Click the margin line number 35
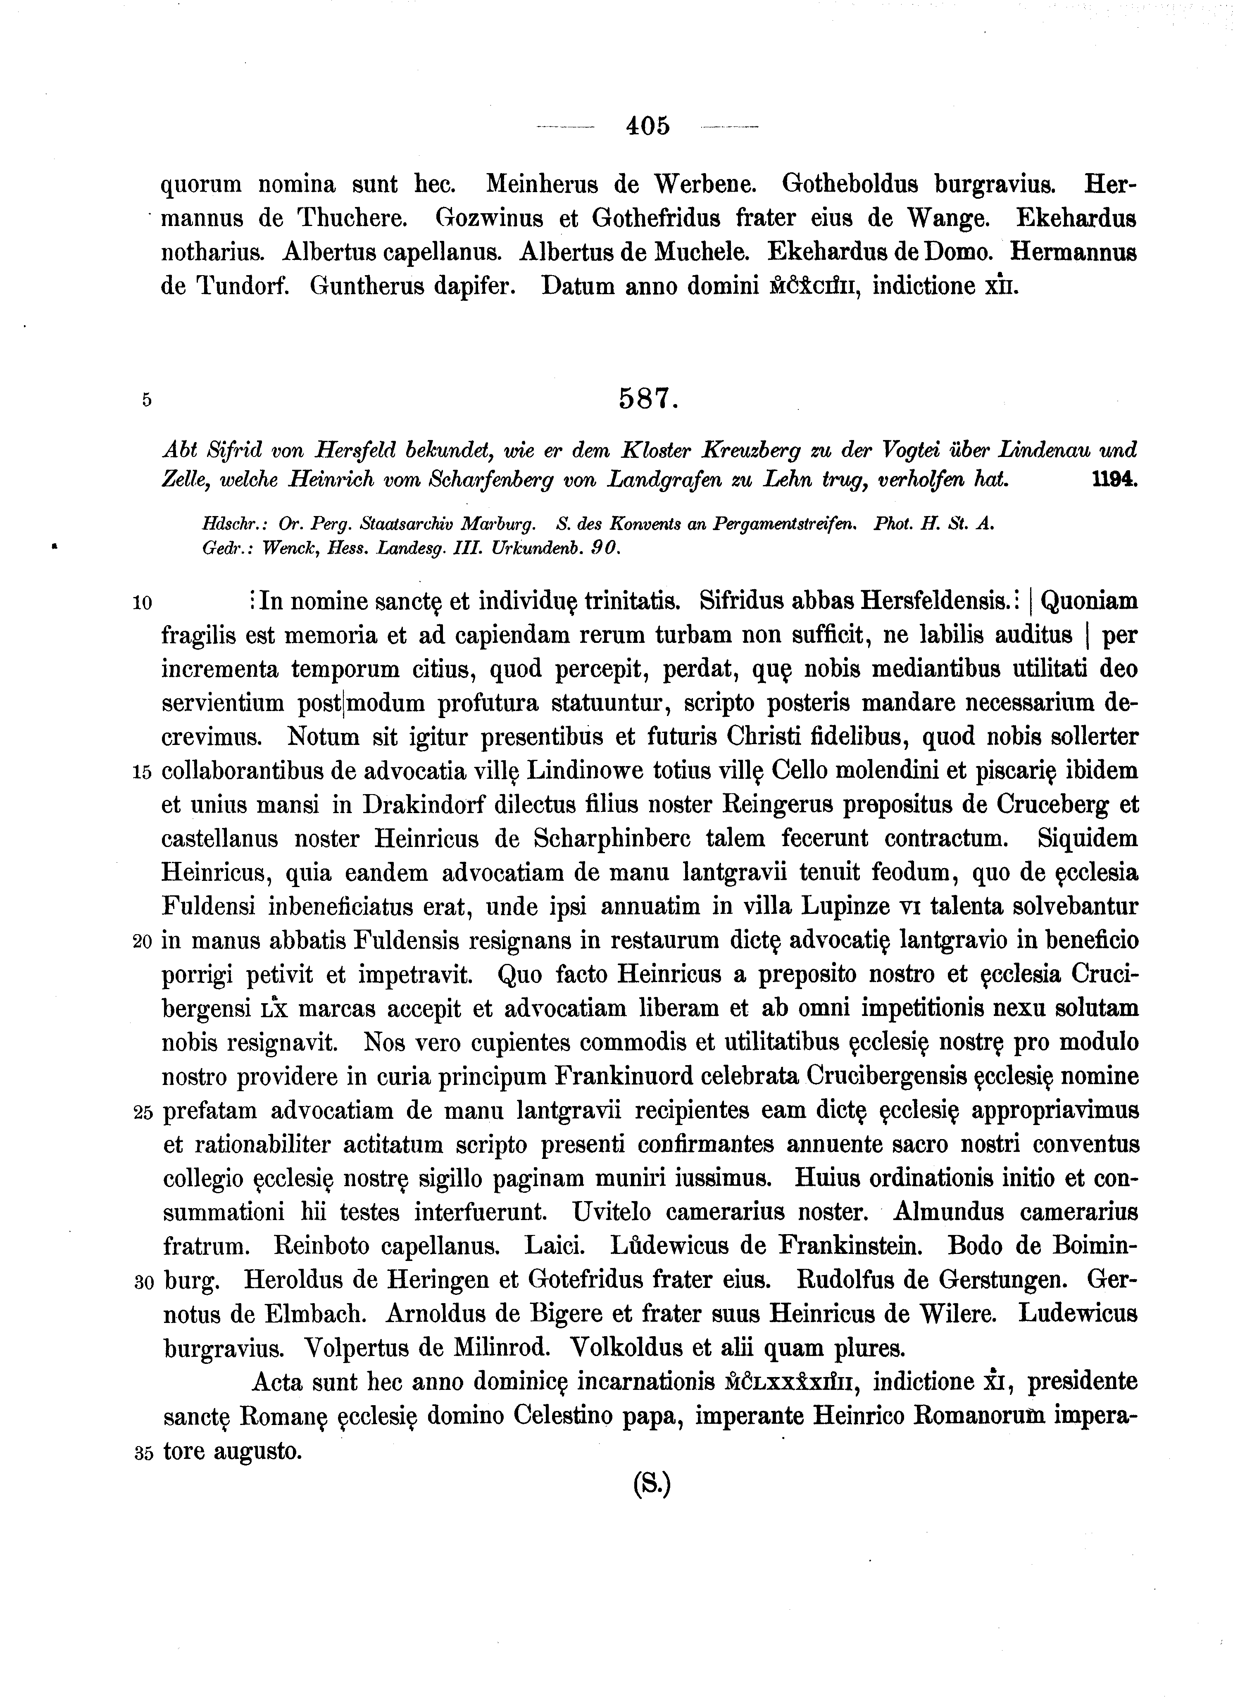[x=143, y=1452]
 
